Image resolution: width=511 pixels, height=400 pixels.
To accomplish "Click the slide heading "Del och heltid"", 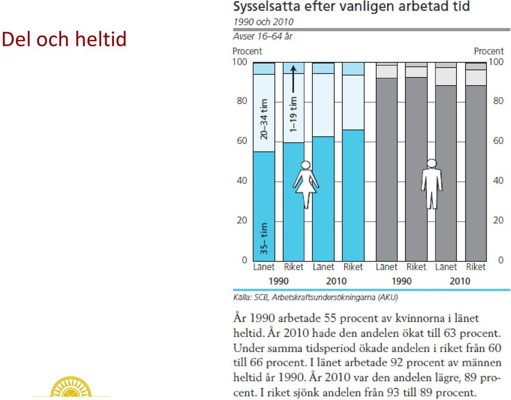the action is tap(64, 39).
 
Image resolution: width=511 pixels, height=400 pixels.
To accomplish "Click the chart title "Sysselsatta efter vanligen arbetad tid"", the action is tap(352, 7).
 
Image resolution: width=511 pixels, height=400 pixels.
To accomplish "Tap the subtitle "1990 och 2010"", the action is tap(263, 22).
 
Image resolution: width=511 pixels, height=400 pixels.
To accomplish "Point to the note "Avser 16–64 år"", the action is tap(263, 36).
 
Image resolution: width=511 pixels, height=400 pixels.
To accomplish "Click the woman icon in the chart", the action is tap(306, 184).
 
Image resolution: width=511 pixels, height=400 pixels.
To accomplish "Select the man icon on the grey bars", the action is tap(432, 184).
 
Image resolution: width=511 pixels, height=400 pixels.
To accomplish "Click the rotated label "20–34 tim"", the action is tap(264, 119).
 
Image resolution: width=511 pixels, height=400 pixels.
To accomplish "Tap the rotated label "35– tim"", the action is tap(264, 239).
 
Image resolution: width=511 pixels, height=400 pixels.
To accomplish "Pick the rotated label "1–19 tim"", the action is tap(294, 114).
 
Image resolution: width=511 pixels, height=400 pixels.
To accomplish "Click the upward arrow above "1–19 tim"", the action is tap(293, 79).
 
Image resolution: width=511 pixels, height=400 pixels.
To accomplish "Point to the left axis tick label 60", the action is tap(242, 141).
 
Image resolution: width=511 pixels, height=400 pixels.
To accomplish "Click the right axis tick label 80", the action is tap(498, 101).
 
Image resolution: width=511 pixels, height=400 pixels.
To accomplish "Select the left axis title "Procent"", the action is tap(247, 51).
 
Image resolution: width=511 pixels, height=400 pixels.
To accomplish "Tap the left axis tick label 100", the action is tap(240, 62).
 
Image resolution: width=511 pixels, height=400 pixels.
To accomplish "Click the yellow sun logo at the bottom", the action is tap(71, 387).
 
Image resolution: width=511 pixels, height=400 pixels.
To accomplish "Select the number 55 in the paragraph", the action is tap(331, 318).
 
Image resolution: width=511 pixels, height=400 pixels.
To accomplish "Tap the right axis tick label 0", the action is tap(501, 260).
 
